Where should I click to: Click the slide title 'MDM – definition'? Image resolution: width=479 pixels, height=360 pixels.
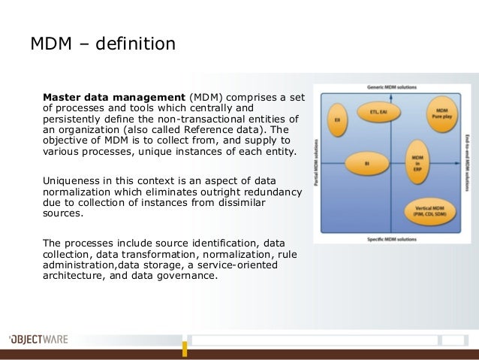coord(102,44)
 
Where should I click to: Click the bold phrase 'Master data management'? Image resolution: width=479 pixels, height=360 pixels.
coord(113,97)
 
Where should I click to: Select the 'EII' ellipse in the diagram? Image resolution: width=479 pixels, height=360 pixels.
coord(339,118)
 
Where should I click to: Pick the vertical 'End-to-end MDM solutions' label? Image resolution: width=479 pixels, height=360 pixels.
coord(468,162)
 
